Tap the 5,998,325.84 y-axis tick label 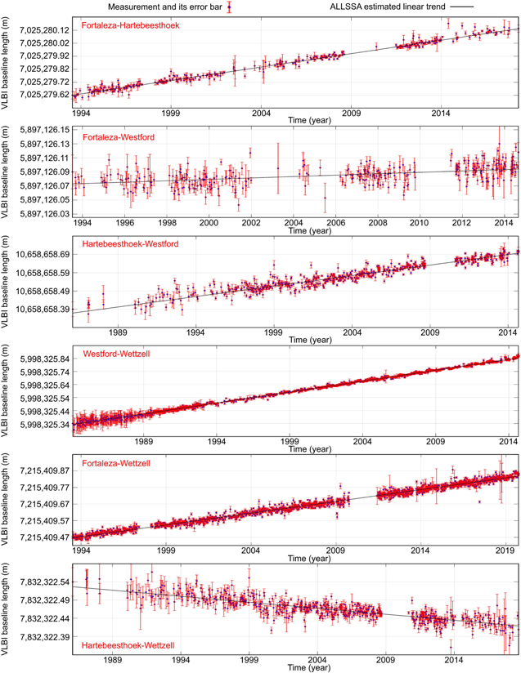(42, 359)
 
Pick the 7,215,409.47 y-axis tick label (42, 537)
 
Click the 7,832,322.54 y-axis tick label (42, 581)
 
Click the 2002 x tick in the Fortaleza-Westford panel (250, 222)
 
